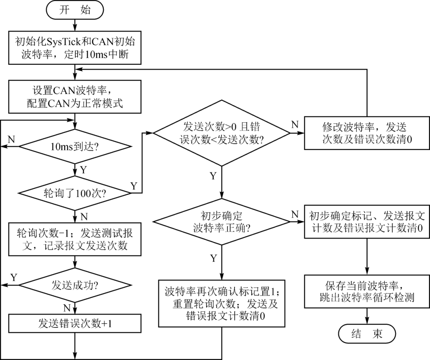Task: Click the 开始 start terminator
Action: pos(75,10)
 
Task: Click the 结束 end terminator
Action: pos(367,334)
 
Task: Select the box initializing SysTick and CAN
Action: pos(75,48)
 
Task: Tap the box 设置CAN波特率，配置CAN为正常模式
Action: pos(75,96)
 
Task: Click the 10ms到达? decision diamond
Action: pos(75,146)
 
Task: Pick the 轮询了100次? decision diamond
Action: pos(75,193)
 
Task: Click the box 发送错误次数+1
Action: pos(75,323)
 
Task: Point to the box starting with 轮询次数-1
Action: pos(75,239)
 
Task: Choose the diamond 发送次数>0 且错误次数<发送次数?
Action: pos(222,133)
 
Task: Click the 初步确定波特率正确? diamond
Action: pos(222,222)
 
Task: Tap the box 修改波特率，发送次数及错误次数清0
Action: pos(367,133)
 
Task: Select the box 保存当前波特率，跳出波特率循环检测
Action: pos(367,291)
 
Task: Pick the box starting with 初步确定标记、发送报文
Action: pos(367,222)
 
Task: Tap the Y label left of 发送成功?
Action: pos(14,277)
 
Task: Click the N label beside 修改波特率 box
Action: pos(295,125)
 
